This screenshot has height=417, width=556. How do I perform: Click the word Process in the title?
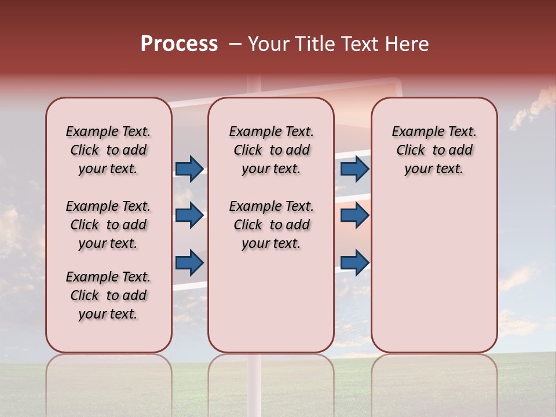click(179, 44)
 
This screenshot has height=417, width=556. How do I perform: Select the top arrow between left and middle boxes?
click(189, 169)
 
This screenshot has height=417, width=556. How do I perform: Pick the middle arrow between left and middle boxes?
click(189, 215)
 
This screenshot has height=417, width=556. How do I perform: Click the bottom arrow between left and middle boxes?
click(189, 262)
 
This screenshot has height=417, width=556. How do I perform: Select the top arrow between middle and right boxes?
click(354, 169)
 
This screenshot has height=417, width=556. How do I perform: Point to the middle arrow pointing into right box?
click(354, 215)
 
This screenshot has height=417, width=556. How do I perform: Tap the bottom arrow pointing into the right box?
click(354, 262)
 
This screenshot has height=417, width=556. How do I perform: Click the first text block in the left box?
click(108, 150)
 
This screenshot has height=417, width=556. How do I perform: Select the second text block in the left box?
click(108, 225)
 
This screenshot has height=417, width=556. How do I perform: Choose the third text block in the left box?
click(108, 295)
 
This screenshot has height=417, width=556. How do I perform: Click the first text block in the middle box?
click(272, 150)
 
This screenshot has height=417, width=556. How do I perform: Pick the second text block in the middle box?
click(272, 225)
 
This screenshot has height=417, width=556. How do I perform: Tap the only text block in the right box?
click(434, 150)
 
